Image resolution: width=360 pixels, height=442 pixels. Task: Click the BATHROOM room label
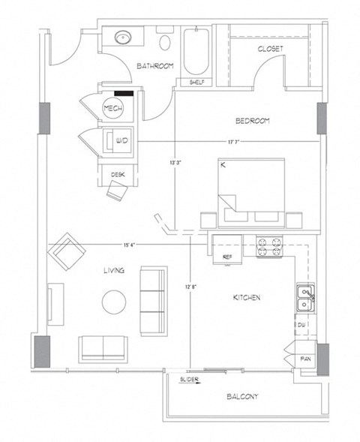pos(155,67)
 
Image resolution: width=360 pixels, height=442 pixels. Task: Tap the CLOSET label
pos(270,49)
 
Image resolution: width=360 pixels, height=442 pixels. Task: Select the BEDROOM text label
pos(252,121)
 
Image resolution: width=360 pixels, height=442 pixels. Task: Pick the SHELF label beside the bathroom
pos(197,83)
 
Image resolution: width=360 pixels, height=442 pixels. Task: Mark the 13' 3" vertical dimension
pos(175,160)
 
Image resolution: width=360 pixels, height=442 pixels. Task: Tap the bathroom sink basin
pos(124,37)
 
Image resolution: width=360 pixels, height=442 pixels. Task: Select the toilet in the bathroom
pos(166,41)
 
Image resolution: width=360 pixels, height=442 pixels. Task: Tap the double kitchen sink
pos(305,298)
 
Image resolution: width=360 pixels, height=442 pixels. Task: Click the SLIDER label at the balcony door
pos(188,380)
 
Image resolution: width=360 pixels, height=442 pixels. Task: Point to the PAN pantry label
pos(306,359)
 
